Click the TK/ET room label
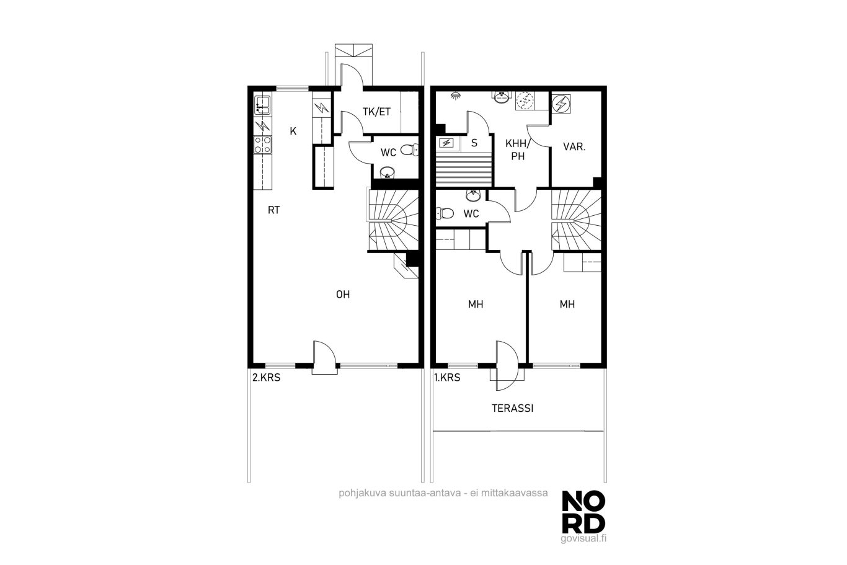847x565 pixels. point(376,112)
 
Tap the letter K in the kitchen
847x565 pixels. point(293,131)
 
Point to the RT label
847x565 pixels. point(274,210)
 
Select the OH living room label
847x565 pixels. point(343,294)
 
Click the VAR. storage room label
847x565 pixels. point(574,147)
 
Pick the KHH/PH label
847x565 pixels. point(518,149)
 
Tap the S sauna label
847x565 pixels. point(474,143)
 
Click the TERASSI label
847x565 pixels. point(512,408)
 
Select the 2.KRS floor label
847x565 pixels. point(266,378)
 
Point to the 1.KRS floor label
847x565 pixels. point(447,378)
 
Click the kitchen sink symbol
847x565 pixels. point(262,105)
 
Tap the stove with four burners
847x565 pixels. point(262,145)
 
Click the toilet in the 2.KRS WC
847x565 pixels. point(409,149)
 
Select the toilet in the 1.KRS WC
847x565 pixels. point(445,213)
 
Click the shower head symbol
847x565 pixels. point(457,96)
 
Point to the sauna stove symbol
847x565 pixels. point(446,143)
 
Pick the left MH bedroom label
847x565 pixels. point(476,304)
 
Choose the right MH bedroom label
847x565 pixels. point(567,304)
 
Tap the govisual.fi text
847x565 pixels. point(583,538)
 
